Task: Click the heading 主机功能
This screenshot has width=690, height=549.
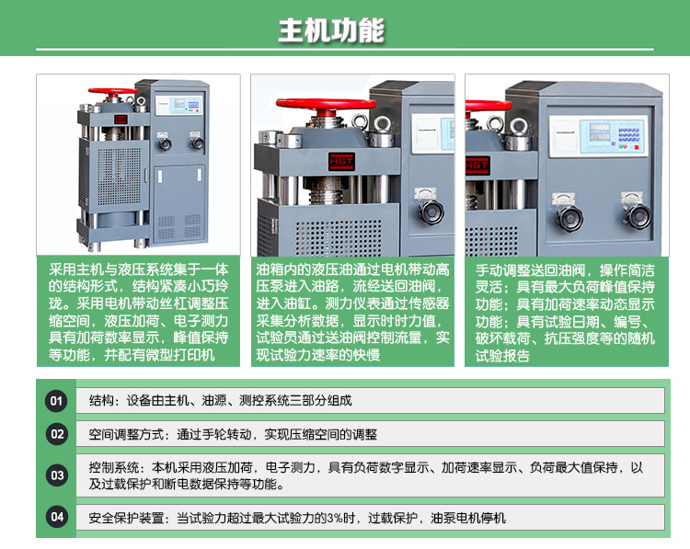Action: coord(331,30)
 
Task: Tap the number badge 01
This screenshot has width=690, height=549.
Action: coord(57,401)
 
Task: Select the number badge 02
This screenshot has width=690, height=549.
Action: coord(57,434)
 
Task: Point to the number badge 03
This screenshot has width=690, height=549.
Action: coord(57,475)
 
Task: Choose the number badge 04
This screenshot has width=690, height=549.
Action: coord(57,517)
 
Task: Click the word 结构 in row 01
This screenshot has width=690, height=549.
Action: coord(101,401)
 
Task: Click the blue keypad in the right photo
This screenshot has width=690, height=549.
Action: coord(628,136)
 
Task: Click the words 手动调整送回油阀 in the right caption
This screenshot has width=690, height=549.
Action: coord(528,271)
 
